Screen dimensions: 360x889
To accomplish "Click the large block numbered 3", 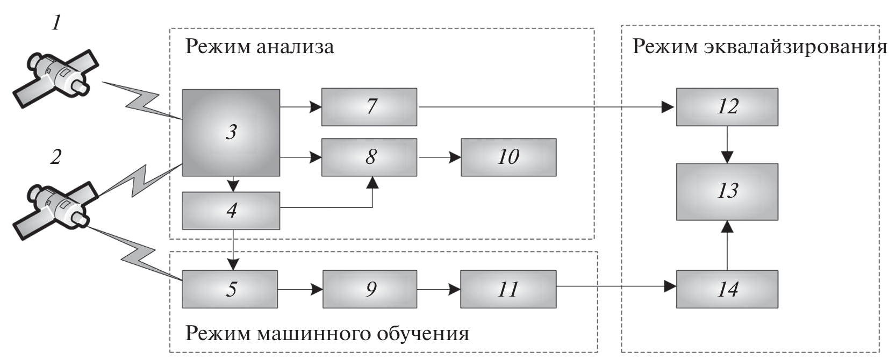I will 231,132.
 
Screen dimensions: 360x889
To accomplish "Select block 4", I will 231,211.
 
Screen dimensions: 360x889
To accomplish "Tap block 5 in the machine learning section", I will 230,289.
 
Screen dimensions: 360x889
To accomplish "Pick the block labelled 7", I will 369,107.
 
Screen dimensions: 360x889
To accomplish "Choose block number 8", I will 369,157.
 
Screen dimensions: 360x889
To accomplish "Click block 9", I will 370,289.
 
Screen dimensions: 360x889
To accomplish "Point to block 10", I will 508,157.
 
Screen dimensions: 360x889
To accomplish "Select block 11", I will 508,289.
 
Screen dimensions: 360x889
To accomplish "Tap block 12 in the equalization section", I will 727,107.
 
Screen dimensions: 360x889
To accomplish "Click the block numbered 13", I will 727,191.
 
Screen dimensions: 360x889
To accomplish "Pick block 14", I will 727,289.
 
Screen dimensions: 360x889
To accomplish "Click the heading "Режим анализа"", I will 259,47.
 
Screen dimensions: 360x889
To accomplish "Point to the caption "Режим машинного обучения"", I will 327,334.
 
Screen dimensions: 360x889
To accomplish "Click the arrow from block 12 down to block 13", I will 727,145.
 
